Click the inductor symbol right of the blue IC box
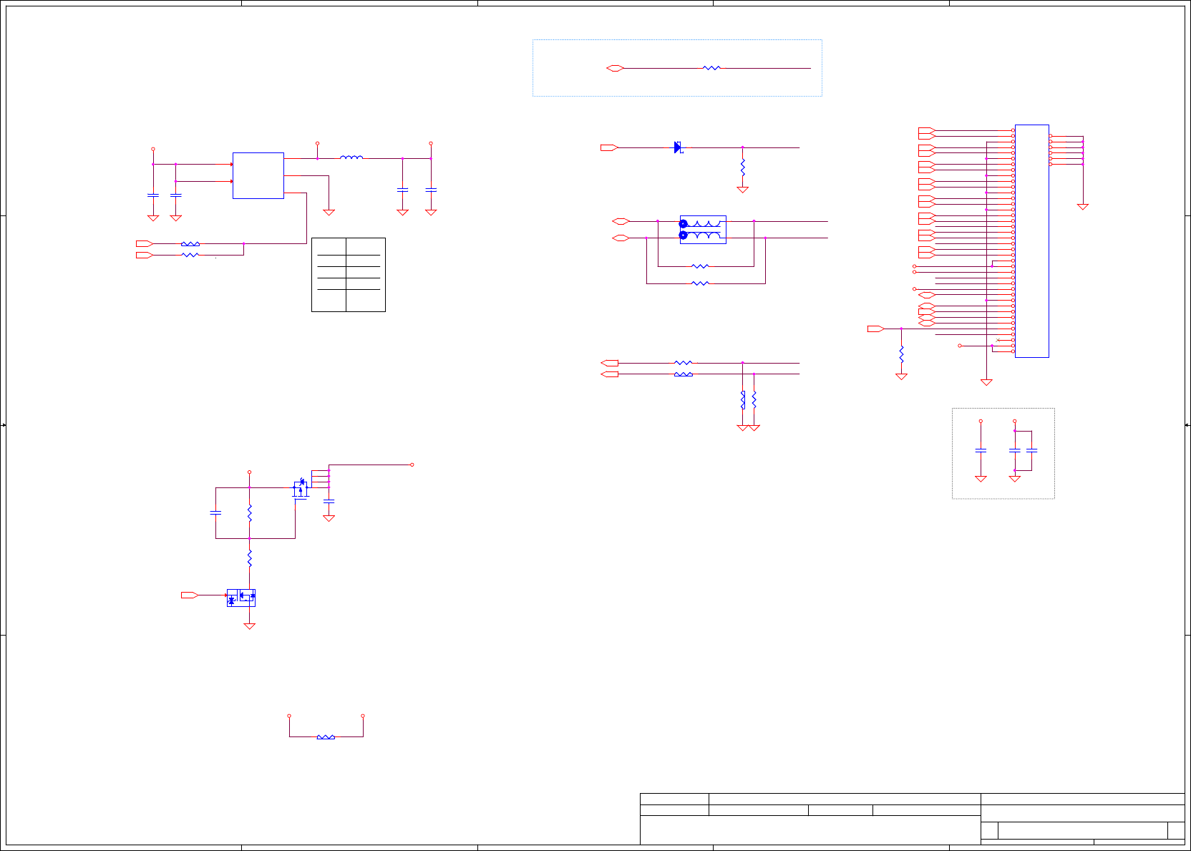click(351, 157)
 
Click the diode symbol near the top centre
click(678, 147)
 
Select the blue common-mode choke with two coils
click(702, 230)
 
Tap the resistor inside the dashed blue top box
click(711, 68)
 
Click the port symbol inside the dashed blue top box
click(615, 68)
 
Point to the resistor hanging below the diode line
click(742, 167)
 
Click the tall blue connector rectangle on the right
click(1031, 240)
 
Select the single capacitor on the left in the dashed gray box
click(981, 450)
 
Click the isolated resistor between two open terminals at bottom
click(326, 736)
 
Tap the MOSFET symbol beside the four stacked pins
click(301, 488)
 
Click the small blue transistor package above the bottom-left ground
click(241, 598)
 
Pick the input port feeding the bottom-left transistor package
click(190, 595)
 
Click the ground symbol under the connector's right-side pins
click(1082, 207)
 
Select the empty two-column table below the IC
click(348, 275)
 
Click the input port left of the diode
click(609, 147)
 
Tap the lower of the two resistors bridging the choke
click(700, 283)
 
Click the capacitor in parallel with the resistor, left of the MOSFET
click(215, 512)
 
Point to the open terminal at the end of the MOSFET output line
click(412, 465)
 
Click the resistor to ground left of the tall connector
click(901, 354)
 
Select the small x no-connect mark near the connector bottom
click(998, 340)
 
